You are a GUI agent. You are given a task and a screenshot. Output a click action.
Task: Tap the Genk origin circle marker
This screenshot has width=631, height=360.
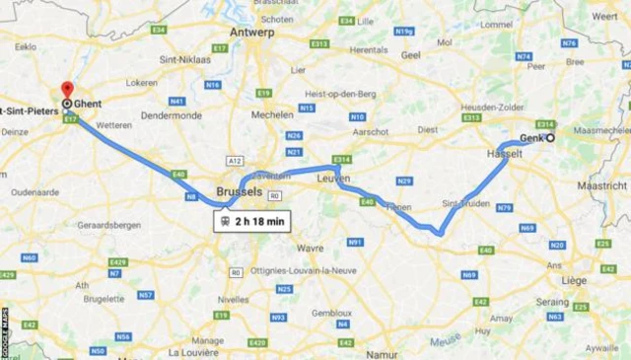tap(550, 137)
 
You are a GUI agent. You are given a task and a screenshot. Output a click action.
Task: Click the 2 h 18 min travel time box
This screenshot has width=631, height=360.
tap(253, 221)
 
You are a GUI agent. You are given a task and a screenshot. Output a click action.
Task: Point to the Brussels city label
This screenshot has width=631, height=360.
tap(239, 190)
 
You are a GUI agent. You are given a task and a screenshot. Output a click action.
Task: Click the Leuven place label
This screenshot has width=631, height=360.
tap(334, 179)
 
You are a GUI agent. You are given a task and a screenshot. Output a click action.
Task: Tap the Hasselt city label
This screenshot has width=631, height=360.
tap(504, 156)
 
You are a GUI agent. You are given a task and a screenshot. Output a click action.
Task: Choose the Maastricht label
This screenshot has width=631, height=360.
tap(602, 184)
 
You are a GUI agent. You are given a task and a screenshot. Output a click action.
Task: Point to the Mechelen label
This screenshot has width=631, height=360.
tap(271, 113)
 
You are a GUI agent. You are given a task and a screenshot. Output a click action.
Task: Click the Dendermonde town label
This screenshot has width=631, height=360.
tap(174, 115)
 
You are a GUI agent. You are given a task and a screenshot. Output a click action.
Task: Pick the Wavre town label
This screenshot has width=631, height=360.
tap(311, 249)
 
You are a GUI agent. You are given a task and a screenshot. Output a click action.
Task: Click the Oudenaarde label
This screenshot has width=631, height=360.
tap(29, 193)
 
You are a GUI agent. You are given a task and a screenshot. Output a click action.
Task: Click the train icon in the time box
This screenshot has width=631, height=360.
tap(227, 221)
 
